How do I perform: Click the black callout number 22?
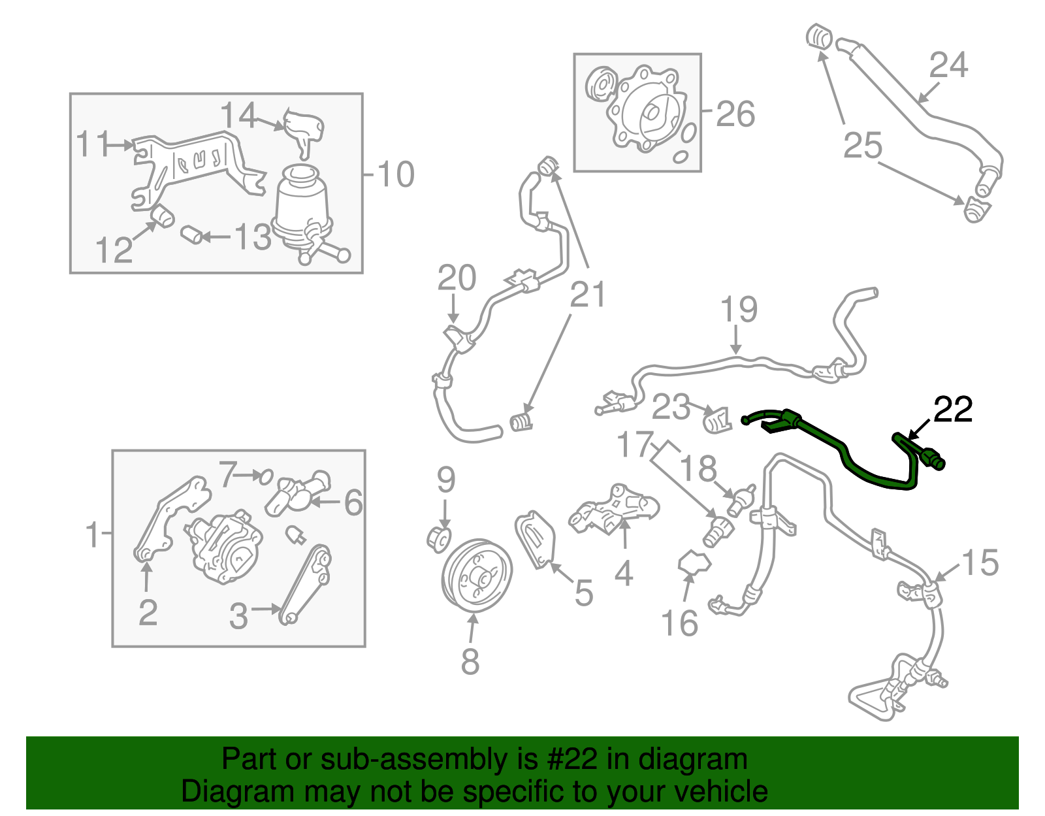pos(953,410)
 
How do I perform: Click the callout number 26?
pos(735,114)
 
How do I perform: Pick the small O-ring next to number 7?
pos(265,476)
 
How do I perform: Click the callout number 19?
pos(739,310)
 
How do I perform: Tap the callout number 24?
pos(948,65)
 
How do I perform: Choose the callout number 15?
pos(980,563)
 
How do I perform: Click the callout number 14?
pos(238,116)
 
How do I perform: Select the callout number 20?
pos(457,278)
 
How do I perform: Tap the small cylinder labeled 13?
pos(191,235)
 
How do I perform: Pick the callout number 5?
pos(583,593)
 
